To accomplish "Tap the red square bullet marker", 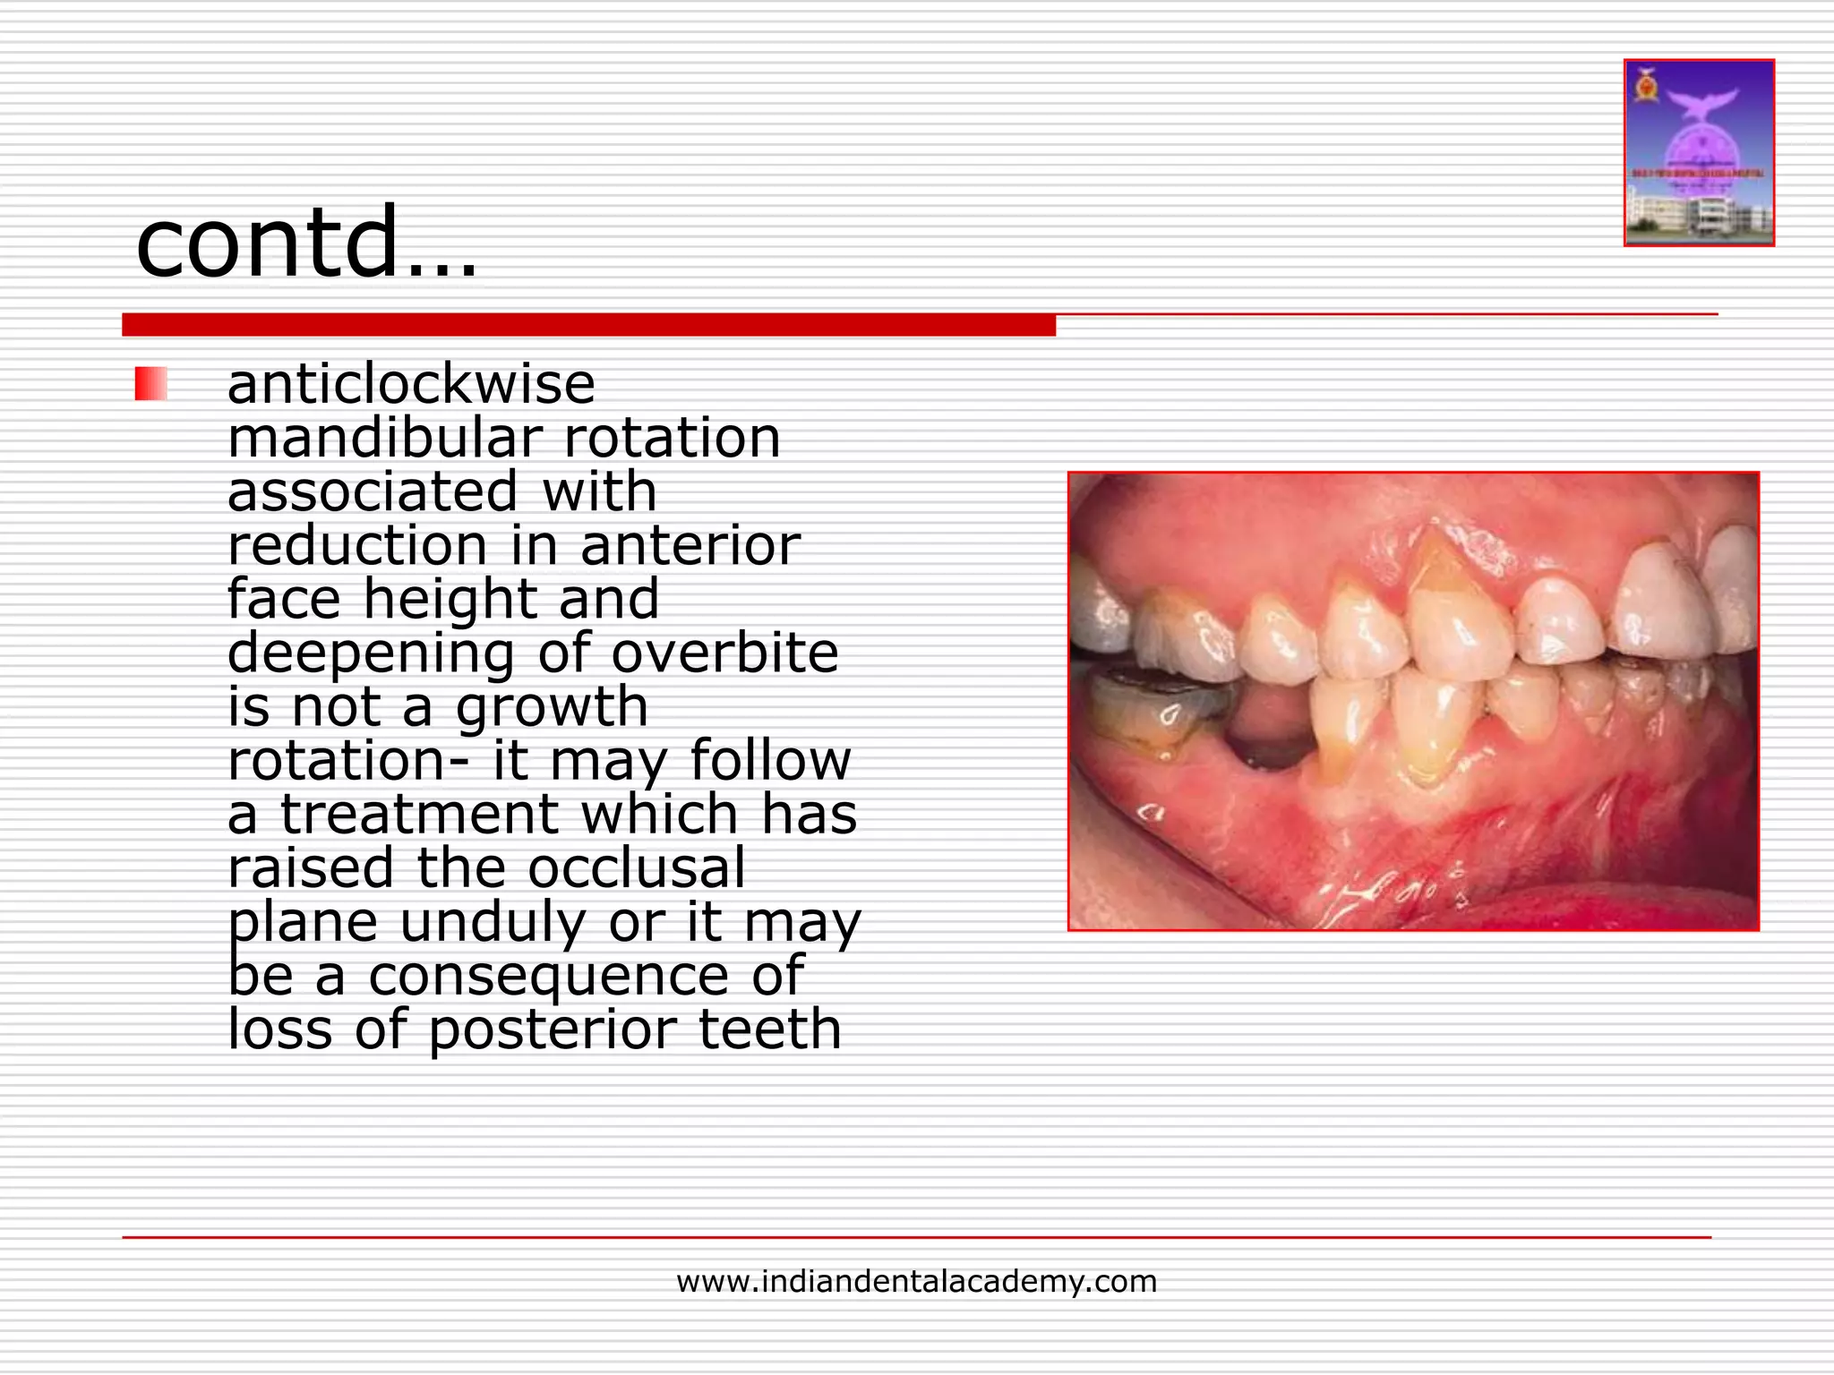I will click(x=150, y=384).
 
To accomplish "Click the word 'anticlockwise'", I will click(x=411, y=384).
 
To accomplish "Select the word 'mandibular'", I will click(x=385, y=438).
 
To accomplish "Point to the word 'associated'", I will click(x=373, y=491).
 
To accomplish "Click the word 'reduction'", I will click(x=357, y=545).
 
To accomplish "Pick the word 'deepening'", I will click(x=371, y=653).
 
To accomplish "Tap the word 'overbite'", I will click(x=724, y=653).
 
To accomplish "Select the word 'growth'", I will click(x=552, y=707).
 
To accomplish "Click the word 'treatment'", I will click(x=420, y=815).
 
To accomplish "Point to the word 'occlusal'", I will click(x=636, y=868).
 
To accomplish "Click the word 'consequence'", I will click(x=549, y=976).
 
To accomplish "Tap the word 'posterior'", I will click(x=552, y=1029).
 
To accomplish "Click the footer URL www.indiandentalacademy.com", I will click(x=916, y=1282).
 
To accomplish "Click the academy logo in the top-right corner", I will click(x=1699, y=153).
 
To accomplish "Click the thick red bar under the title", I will click(x=588, y=325).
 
